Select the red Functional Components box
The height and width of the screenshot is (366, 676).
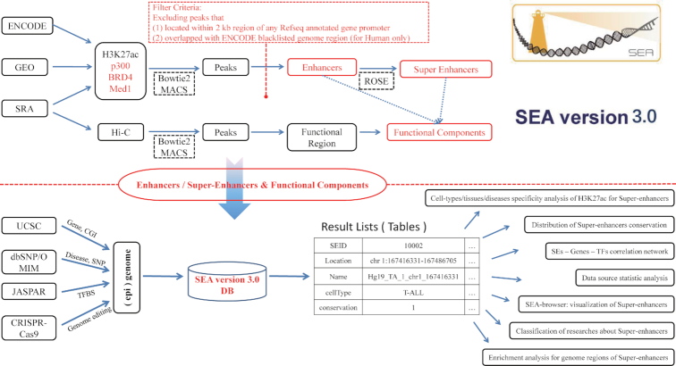point(438,133)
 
